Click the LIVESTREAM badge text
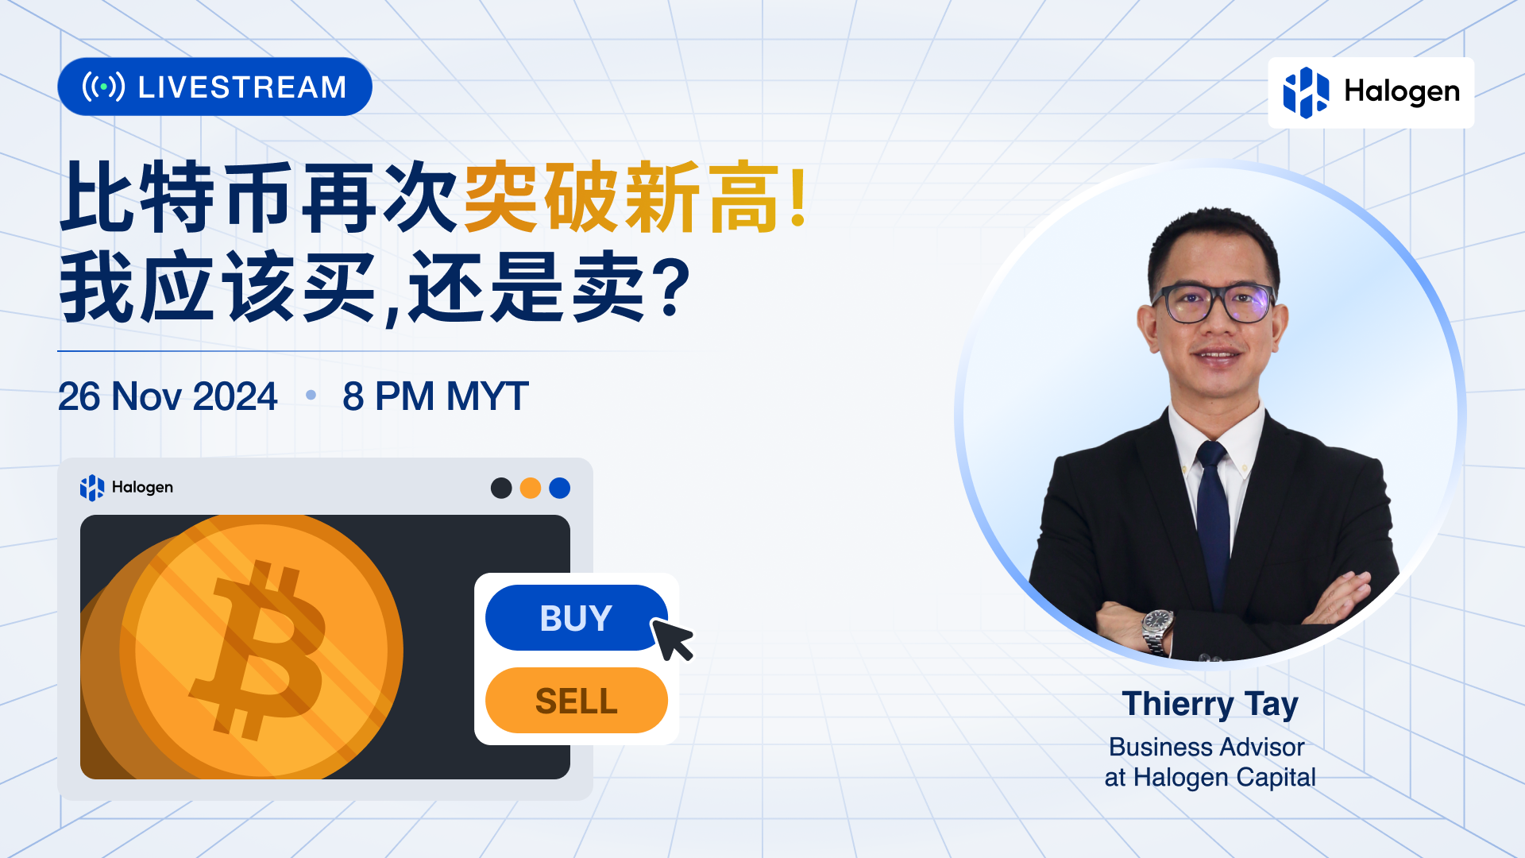[242, 87]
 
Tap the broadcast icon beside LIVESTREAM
[103, 87]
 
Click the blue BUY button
[576, 618]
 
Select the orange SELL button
[576, 701]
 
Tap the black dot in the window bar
[501, 488]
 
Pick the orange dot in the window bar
[531, 488]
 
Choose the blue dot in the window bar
[560, 488]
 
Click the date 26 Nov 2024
[168, 396]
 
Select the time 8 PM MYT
[435, 396]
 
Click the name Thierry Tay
[1210, 705]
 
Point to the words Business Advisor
[1206, 747]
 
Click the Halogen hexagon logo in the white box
[1306, 92]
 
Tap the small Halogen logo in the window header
[92, 487]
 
